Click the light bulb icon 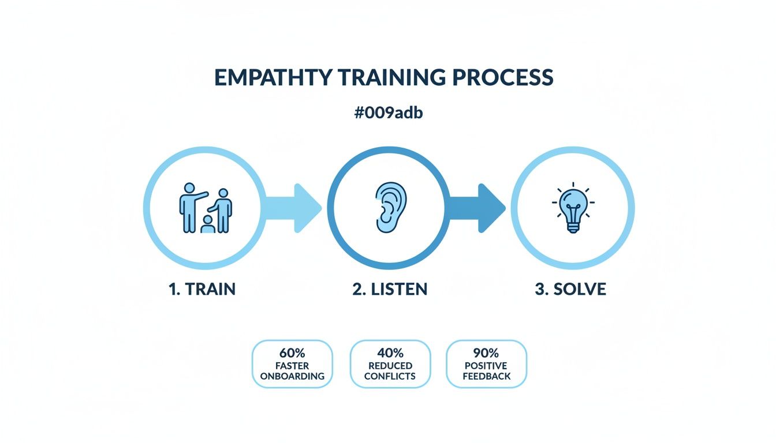click(x=572, y=209)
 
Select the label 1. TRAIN click(x=202, y=289)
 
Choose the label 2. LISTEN click(x=390, y=289)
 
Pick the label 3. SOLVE click(x=570, y=289)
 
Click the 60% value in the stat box click(x=292, y=353)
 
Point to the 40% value click(x=390, y=353)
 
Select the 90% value click(x=486, y=353)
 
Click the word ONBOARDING click(x=292, y=376)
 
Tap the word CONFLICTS click(x=390, y=376)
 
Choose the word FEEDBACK click(x=486, y=376)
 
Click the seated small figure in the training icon click(x=207, y=226)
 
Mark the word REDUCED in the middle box click(x=390, y=366)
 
